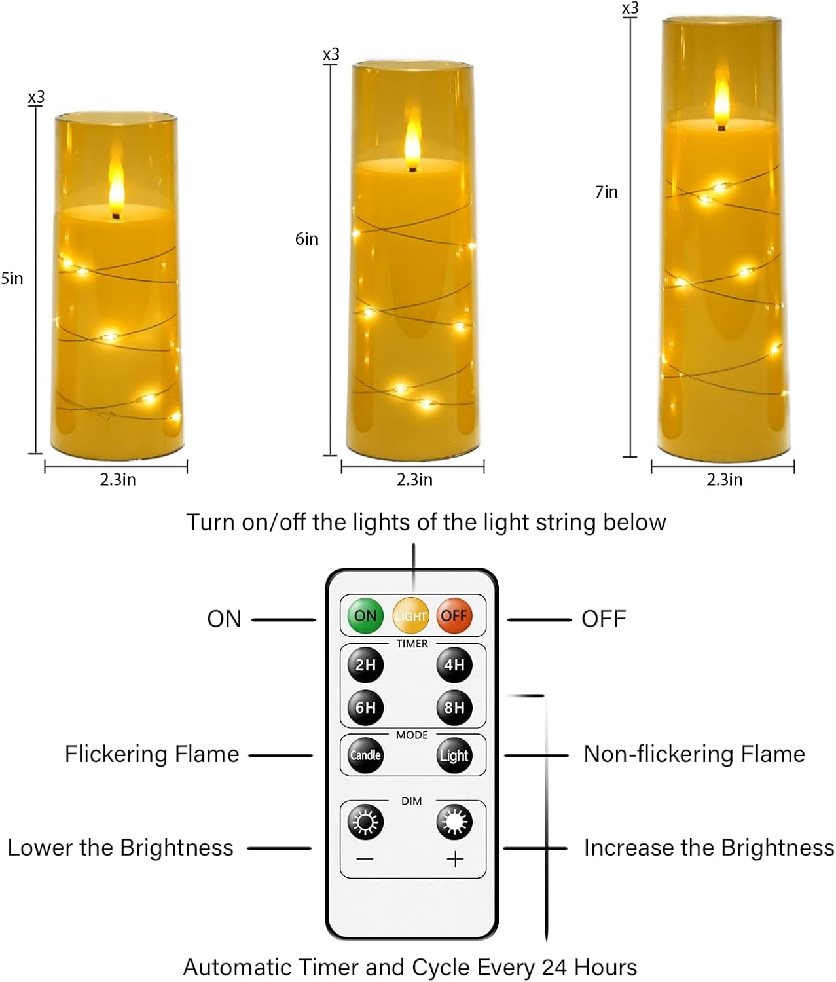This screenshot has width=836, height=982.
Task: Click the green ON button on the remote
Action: pos(365,615)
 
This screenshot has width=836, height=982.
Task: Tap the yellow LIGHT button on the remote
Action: pos(410,615)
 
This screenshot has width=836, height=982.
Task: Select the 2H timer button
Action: pos(365,664)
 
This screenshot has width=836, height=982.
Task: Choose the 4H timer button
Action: pos(454,664)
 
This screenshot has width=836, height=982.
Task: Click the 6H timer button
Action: pos(365,708)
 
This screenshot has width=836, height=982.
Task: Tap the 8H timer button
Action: pos(454,708)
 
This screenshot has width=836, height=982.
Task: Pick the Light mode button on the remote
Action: pos(454,755)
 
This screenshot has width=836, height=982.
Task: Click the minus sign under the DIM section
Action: pos(365,859)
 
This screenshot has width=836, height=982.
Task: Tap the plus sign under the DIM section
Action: pos(454,859)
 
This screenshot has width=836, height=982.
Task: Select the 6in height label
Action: pos(306,239)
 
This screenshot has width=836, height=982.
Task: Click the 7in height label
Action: pos(606,192)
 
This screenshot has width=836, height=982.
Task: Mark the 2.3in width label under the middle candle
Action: pos(414,480)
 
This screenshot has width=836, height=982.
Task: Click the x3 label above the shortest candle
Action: pos(36,98)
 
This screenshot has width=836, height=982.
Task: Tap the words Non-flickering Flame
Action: pos(694,754)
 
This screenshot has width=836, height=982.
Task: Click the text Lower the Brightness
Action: pos(120,848)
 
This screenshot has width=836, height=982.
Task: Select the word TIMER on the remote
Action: pos(412,644)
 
